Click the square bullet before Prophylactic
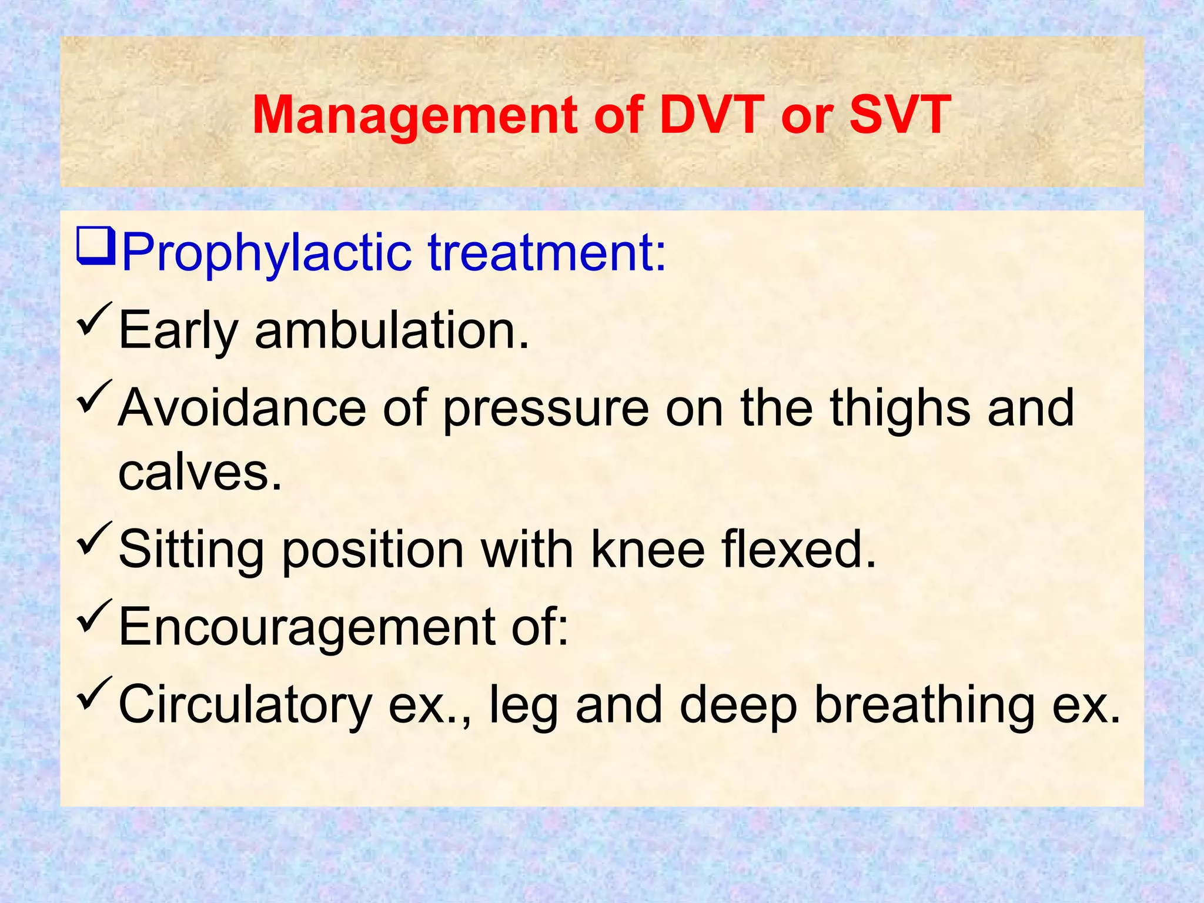96,248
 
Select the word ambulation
392,330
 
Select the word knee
647,550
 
